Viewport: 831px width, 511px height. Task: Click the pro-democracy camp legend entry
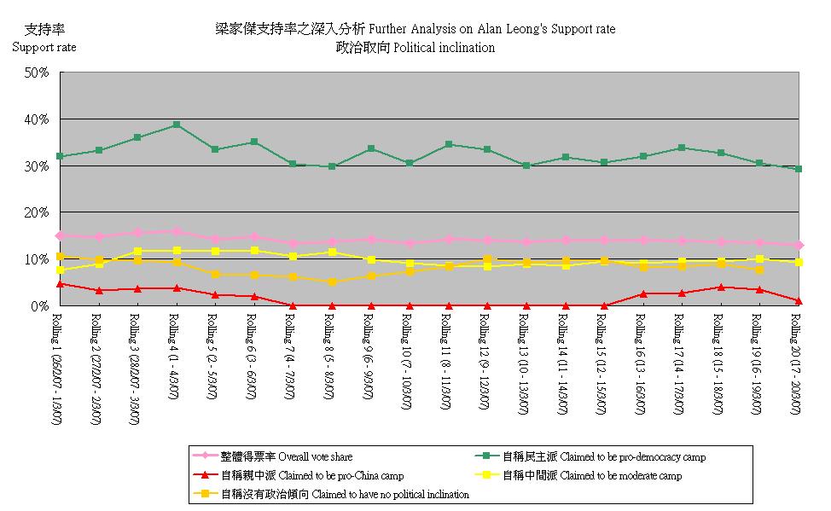[603, 457]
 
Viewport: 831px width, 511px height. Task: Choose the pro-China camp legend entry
[311, 475]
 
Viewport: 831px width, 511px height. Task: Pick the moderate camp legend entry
[604, 475]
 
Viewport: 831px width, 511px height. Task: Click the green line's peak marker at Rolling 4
[176, 125]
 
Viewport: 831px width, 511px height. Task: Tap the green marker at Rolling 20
[799, 169]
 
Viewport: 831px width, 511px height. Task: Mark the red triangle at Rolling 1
[60, 284]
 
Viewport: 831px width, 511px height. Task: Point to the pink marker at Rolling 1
[60, 235]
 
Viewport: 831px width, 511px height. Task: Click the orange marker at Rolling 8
[332, 282]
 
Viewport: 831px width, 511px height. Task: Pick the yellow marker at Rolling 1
[60, 270]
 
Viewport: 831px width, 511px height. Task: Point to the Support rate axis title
[44, 47]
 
